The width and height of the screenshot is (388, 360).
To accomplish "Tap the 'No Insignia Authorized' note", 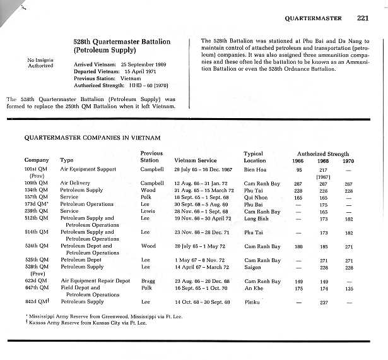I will (40, 63).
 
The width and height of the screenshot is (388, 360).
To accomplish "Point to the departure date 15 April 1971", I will (134, 71).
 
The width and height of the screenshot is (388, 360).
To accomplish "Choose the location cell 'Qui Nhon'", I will (256, 196).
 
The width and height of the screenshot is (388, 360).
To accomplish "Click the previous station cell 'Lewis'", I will (148, 211).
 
